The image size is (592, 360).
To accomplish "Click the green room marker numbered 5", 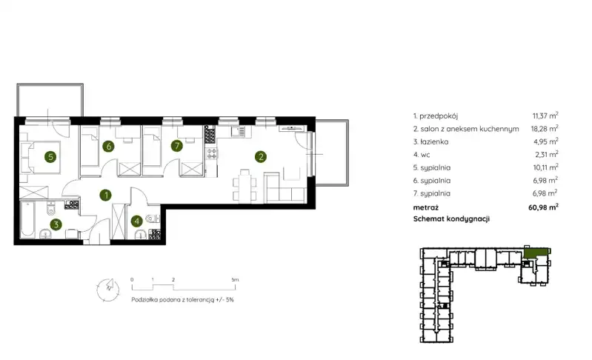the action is pos(50,156).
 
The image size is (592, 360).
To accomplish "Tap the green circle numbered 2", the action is pos(261,156).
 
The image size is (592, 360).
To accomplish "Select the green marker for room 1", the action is pos(106,195).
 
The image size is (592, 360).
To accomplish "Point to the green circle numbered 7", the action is pos(176,146).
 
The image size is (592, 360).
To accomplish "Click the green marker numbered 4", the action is pos(136,221).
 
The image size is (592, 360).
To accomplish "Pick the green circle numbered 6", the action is pos(108,146).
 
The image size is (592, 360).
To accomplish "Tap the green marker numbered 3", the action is pos(56,224).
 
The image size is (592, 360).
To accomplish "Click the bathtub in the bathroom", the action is pos(27,219).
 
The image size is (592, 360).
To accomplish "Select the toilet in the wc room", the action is pos(153,219).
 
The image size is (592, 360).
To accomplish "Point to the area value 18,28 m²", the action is pos(545,129).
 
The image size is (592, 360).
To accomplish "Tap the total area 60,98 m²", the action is pos(543,207).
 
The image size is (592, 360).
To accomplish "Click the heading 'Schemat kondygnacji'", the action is pos(451,219).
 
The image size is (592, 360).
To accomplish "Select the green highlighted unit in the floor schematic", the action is pos(536,252).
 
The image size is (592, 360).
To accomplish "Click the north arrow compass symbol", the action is pos(108,290).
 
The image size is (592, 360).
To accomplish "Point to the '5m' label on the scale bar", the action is pos(235,279).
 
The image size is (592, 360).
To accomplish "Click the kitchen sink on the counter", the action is pos(239,131).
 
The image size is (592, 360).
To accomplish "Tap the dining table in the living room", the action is pos(245,185).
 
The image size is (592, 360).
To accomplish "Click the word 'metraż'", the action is pos(425,207).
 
